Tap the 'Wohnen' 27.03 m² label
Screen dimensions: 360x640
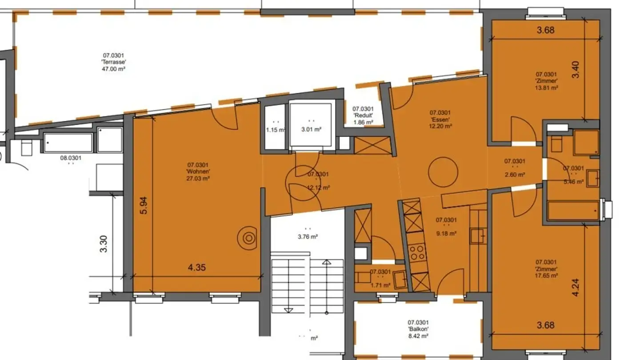[198, 172]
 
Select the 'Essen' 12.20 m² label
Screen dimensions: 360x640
[440, 119]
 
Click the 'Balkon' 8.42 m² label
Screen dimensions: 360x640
[418, 329]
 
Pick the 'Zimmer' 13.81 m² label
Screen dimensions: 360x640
[547, 81]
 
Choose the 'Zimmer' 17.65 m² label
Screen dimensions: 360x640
[547, 269]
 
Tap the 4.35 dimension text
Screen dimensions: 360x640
[197, 268]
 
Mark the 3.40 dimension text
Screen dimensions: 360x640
[576, 70]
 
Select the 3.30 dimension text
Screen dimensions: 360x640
[103, 244]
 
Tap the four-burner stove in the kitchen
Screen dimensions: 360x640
[417, 252]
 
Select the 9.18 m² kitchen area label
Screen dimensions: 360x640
[446, 226]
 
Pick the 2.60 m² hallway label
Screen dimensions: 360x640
[515, 168]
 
